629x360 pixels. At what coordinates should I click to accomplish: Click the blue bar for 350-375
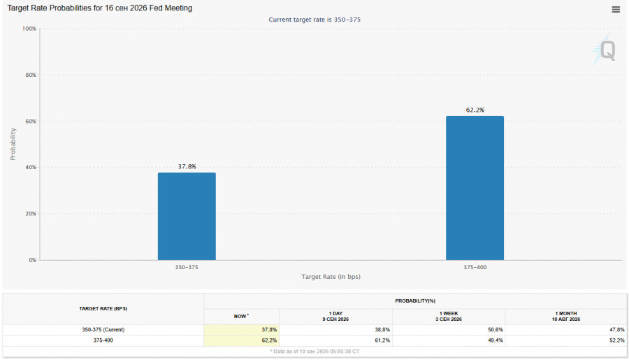187,216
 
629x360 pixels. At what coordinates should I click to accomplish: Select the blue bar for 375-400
475,188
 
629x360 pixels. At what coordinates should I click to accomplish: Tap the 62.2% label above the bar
475,110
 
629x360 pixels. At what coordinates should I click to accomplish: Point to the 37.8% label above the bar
187,166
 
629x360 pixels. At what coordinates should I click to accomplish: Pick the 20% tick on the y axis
31,214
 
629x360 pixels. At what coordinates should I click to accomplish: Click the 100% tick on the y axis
29,29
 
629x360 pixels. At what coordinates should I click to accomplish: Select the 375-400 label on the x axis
475,267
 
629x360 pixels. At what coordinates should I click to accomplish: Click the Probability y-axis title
13,144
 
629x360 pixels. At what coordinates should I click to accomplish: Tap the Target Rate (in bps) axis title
331,277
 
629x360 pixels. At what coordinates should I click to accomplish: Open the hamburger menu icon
616,9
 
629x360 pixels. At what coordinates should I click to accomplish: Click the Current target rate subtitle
314,20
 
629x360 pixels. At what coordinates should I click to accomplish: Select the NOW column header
241,316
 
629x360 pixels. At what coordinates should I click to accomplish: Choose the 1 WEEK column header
449,316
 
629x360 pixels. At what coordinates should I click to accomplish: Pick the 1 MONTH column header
566,316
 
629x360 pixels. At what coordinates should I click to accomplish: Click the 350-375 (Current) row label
103,330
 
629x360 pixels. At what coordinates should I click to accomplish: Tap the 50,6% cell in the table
496,330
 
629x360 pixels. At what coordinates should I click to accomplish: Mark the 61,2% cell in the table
382,340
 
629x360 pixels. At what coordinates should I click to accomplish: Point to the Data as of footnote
314,352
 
